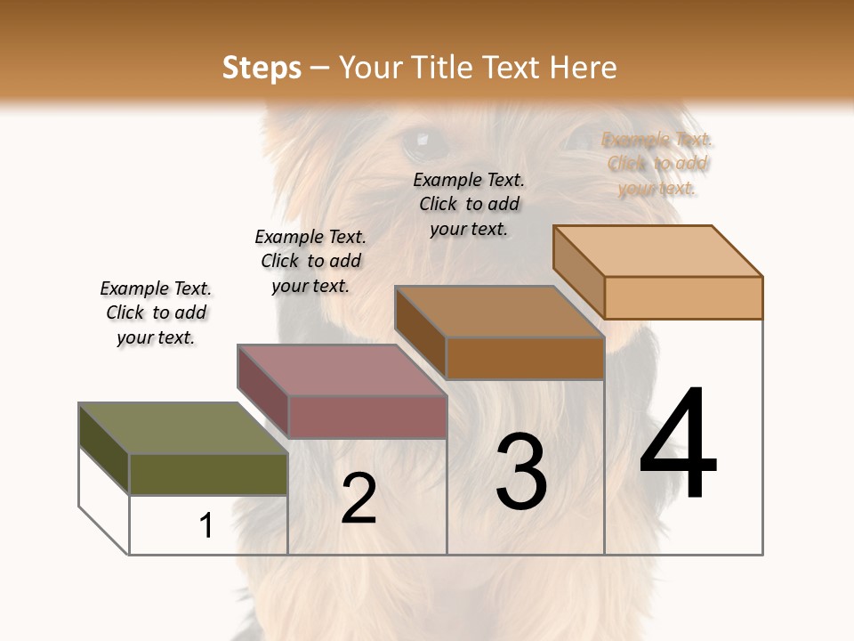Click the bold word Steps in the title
(261, 68)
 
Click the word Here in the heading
(582, 68)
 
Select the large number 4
(678, 445)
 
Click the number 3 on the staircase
(521, 472)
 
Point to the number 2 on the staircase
(359, 499)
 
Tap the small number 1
(205, 525)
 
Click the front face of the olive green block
(208, 474)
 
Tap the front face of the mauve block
(367, 417)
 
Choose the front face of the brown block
(525, 358)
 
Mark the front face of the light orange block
(683, 297)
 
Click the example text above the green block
(156, 312)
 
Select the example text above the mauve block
(310, 261)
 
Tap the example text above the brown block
(469, 204)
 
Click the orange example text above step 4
(657, 163)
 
